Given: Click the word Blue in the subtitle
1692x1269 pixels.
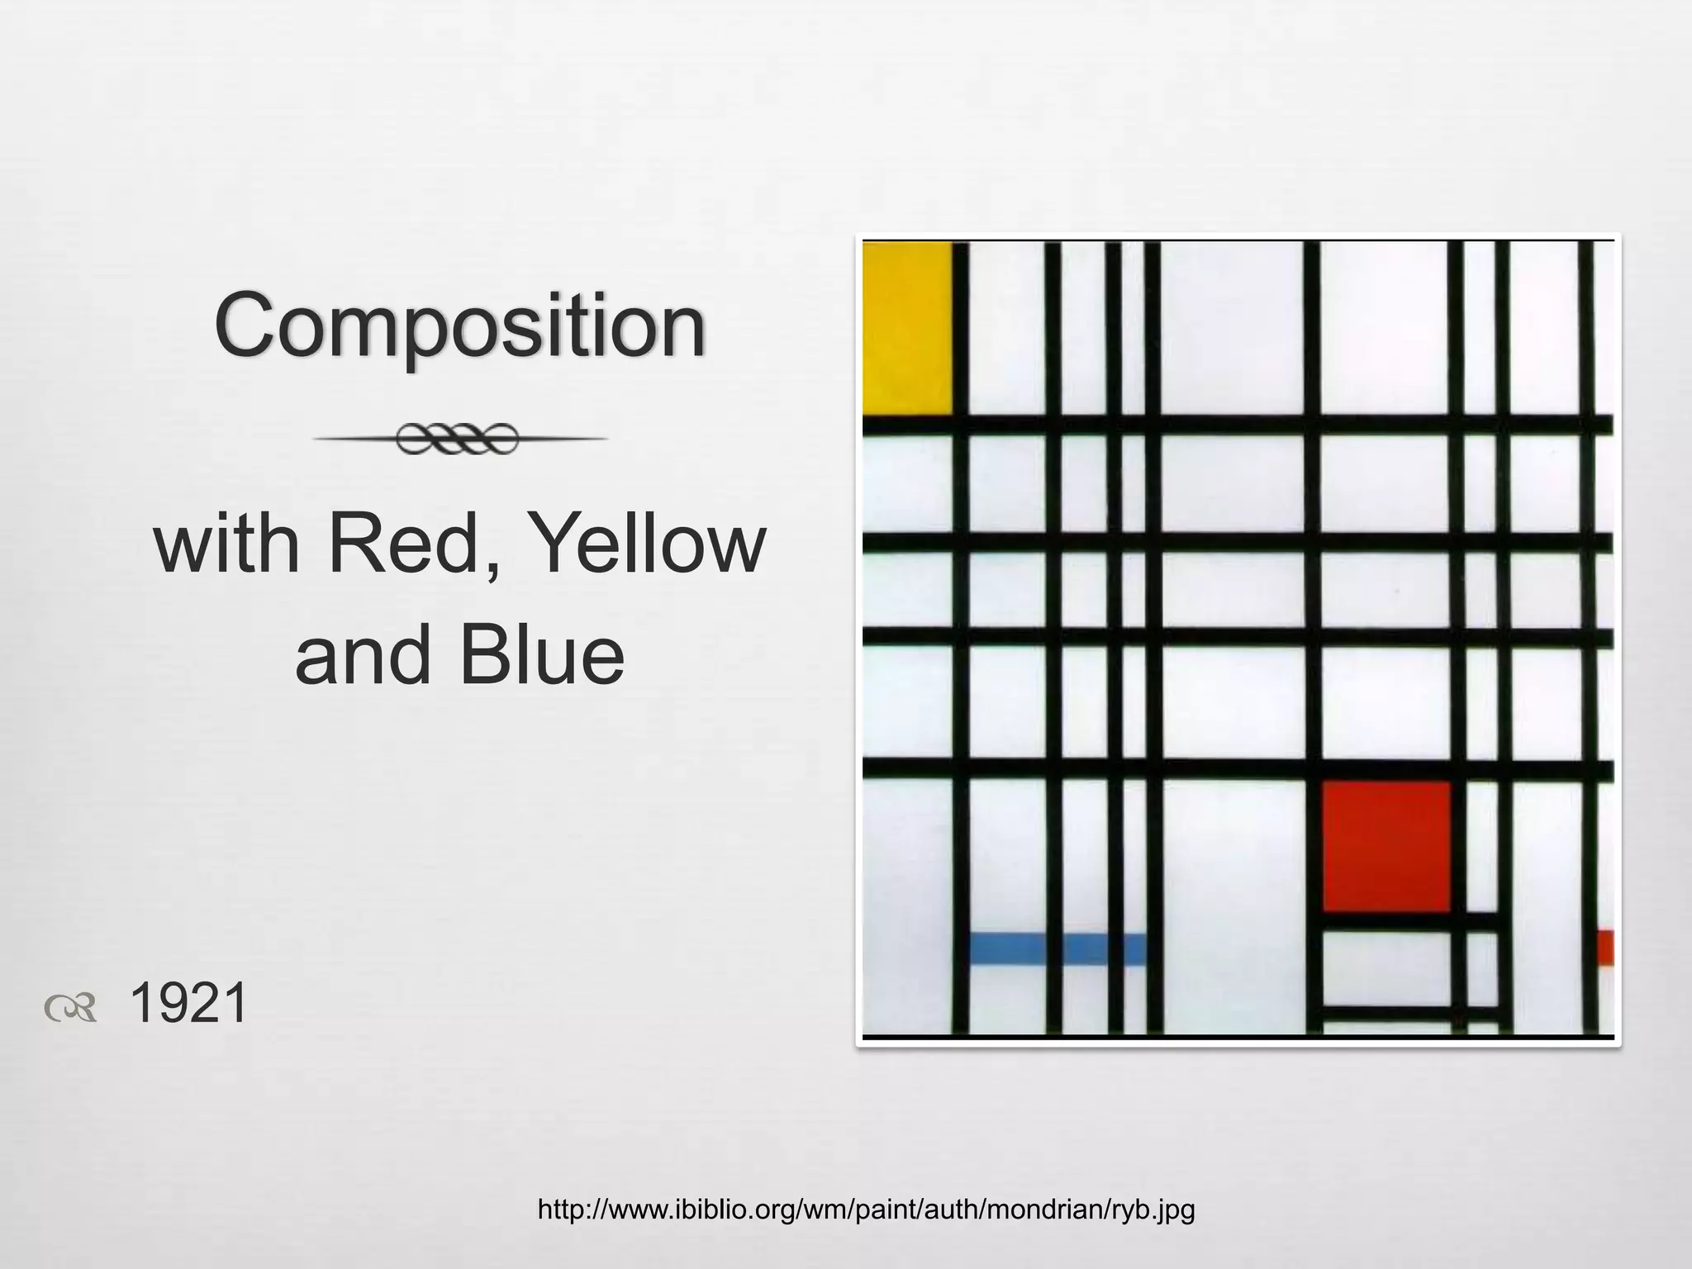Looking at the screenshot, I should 542,655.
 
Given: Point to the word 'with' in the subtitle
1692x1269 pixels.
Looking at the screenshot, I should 226,544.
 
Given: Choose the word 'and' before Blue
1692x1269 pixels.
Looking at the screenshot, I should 363,655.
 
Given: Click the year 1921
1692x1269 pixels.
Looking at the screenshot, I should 188,1003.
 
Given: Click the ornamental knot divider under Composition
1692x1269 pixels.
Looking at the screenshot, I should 459,439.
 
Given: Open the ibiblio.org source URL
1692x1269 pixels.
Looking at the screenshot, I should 866,1210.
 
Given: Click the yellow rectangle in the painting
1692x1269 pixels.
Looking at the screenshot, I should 906,326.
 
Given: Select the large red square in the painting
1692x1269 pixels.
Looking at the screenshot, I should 1386,846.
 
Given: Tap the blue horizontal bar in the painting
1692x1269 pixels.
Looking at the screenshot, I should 1056,948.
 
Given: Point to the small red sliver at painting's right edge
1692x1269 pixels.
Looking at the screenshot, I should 1604,947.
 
